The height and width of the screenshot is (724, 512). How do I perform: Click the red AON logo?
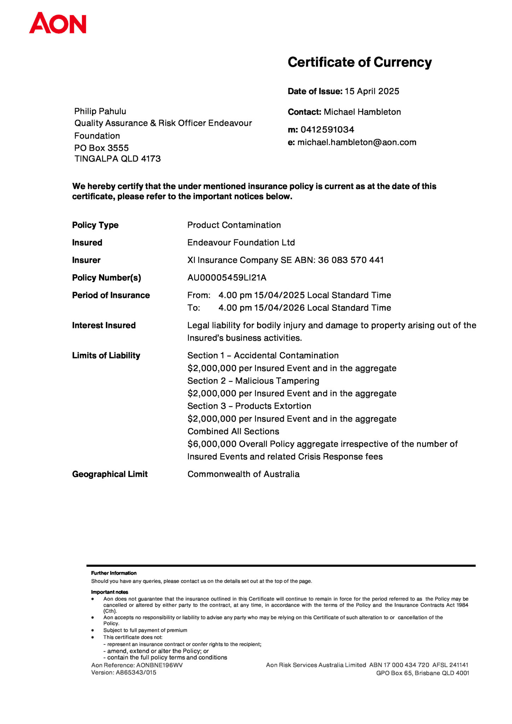[58, 23]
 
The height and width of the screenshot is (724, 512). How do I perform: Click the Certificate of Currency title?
[360, 62]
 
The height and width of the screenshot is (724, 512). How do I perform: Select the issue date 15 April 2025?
[372, 91]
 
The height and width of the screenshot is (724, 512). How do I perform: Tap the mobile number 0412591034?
[327, 130]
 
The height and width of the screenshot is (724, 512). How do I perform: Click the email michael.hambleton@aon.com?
[357, 142]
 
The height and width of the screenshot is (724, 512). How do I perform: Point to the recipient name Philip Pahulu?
[100, 111]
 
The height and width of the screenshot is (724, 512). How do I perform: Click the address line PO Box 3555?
[101, 148]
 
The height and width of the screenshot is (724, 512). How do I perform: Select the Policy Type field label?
[95, 225]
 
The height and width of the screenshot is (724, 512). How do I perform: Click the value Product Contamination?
[234, 225]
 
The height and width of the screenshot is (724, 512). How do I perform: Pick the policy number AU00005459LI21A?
[227, 278]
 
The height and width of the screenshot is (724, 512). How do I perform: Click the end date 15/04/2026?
[279, 308]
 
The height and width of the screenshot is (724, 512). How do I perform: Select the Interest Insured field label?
[104, 326]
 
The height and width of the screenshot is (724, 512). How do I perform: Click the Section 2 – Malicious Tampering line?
[253, 381]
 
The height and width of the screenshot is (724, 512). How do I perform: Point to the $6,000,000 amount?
[212, 444]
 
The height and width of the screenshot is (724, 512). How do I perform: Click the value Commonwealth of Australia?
[243, 474]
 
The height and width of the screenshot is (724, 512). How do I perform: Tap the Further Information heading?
[114, 573]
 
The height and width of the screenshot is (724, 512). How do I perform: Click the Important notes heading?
[110, 592]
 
